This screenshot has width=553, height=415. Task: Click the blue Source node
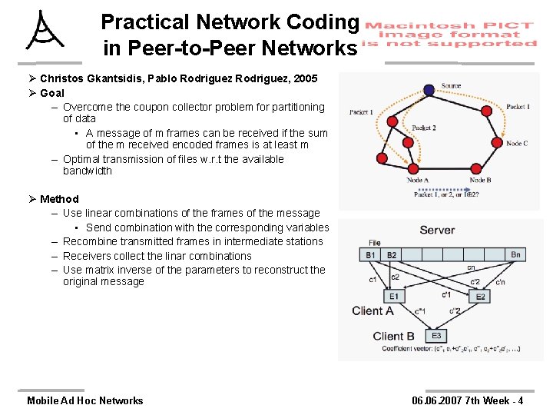click(429, 90)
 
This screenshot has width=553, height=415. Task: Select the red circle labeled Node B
click(475, 168)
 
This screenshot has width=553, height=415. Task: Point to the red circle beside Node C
click(498, 143)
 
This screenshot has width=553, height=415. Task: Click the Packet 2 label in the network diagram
click(423, 128)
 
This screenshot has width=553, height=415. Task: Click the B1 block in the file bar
click(371, 254)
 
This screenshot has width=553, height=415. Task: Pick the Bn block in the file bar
click(515, 254)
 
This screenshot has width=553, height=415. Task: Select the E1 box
click(393, 296)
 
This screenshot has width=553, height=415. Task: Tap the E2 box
click(481, 296)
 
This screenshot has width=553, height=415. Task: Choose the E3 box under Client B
click(435, 335)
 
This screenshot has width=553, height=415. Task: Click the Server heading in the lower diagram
click(437, 230)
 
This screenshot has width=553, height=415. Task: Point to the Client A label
click(373, 310)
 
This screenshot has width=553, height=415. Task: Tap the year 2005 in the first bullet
click(303, 78)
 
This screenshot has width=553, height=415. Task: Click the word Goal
click(52, 93)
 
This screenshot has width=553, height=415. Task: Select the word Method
click(59, 199)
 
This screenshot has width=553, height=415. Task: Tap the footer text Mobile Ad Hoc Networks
click(84, 400)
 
